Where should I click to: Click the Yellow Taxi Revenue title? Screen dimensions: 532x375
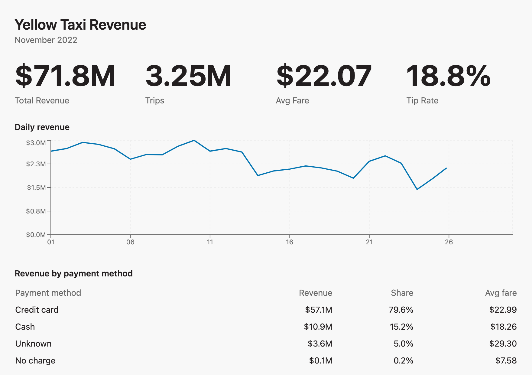(80, 25)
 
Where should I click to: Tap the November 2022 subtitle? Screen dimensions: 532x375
(46, 40)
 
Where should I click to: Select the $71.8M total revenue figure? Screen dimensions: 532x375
(65, 76)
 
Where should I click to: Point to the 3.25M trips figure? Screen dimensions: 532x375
(188, 76)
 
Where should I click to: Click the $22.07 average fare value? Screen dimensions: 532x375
(324, 76)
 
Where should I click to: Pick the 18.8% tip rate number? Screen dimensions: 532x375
(449, 76)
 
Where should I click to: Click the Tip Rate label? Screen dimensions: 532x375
(422, 101)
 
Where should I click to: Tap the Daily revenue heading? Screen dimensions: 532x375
(42, 127)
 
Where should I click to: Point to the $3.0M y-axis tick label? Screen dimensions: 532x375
(36, 143)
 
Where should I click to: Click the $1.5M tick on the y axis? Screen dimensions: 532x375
(37, 187)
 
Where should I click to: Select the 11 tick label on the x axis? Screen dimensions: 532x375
(210, 242)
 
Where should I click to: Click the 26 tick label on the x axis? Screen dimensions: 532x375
(449, 242)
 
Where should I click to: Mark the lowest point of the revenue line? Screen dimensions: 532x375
(417, 189)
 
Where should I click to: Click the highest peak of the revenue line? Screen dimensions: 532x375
(194, 140)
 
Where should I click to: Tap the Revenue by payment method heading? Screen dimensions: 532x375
(74, 274)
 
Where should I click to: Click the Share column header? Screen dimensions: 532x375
(402, 293)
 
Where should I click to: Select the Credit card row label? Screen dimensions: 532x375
(37, 310)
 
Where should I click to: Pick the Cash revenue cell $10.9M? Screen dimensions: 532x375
(318, 327)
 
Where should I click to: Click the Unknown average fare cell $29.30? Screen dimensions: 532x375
(503, 344)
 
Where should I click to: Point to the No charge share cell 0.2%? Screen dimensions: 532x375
(404, 361)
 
